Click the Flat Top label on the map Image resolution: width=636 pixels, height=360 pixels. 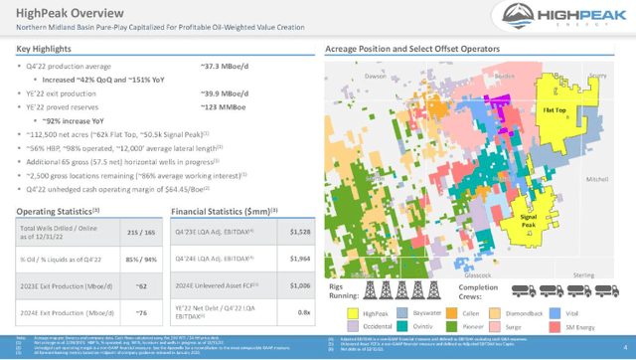pyautogui.click(x=554, y=110)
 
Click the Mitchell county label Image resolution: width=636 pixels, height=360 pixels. pyautogui.click(x=597, y=179)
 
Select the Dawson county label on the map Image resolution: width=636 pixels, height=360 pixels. pyautogui.click(x=375, y=76)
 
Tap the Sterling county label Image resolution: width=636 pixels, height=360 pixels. pyautogui.click(x=583, y=275)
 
